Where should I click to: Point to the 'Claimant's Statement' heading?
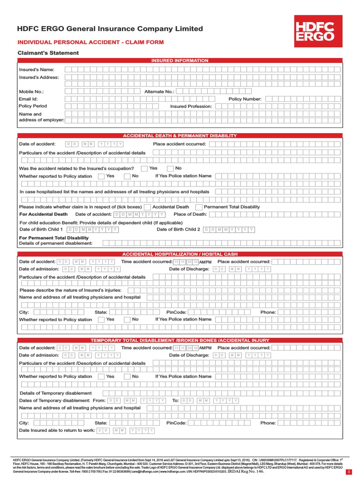pos(48,53)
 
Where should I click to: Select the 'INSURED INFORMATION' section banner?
pos(180,60)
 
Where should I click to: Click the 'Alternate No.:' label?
pos(159,92)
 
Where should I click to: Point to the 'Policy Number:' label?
pos(245,99)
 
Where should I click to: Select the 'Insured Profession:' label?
pos(191,106)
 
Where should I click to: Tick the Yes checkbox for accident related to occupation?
pos(144,168)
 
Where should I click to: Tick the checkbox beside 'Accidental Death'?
pos(147,207)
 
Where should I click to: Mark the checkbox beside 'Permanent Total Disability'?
pos(199,207)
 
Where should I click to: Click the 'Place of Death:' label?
pos(190,214)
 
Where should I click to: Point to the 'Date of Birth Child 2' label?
pos(178,230)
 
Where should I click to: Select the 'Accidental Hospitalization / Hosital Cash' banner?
pos(180,254)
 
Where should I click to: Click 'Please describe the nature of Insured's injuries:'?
pos(70,290)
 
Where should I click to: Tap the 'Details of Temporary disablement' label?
pos(56,393)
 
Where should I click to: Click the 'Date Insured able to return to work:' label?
pos(57,430)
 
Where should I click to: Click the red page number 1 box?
pos(348,471)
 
